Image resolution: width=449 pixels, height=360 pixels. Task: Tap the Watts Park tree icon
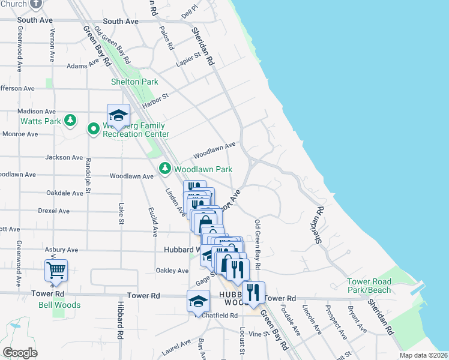tap(71, 121)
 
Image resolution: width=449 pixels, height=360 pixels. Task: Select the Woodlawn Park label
tap(203, 170)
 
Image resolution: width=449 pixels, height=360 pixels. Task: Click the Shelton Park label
tap(134, 82)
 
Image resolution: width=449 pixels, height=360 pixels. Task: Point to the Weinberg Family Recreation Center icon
tap(94, 128)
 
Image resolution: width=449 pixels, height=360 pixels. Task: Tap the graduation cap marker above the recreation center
tap(119, 115)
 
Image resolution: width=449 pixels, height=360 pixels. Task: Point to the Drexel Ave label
tap(53, 211)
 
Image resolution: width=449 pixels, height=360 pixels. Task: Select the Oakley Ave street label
tap(172, 271)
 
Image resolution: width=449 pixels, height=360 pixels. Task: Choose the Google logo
tap(20, 353)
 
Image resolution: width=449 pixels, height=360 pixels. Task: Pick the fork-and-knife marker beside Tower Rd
tap(253, 292)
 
